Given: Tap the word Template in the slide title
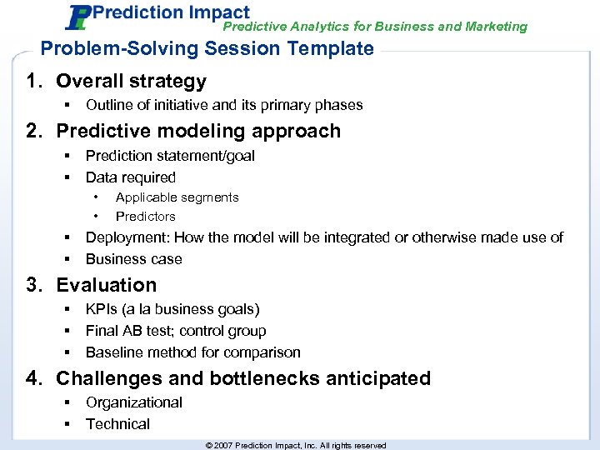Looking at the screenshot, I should click(333, 48).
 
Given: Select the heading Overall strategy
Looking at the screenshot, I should click(131, 82).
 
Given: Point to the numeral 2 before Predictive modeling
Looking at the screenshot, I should click(32, 132).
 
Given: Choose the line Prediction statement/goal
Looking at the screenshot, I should click(170, 156).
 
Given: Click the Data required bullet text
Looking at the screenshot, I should click(131, 177).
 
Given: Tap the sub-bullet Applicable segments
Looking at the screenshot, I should click(177, 197).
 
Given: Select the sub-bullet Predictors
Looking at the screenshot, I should click(145, 217).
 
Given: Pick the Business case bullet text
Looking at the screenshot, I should click(133, 259).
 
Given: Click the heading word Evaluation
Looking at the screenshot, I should click(106, 286).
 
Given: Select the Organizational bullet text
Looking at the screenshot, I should click(133, 402).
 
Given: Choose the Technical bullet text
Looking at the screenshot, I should click(117, 424).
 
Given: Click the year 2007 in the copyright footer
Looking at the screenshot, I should click(223, 446).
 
